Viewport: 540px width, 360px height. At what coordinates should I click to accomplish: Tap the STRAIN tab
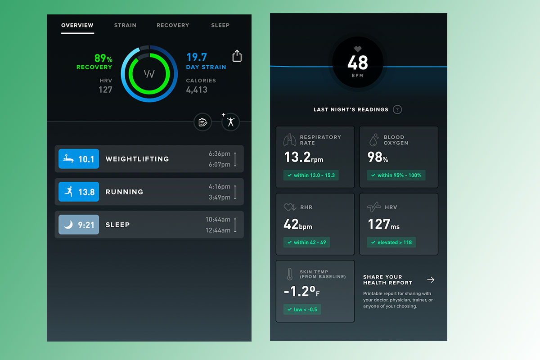pos(125,25)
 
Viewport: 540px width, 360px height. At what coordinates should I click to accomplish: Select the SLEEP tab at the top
pos(220,25)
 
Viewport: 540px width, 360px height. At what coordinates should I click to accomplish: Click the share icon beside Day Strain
pos(237,56)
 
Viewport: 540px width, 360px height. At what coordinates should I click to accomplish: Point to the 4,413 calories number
pos(197,90)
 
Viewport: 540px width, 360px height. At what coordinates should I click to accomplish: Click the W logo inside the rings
pos(149,74)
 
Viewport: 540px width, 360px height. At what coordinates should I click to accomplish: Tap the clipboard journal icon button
pos(202,122)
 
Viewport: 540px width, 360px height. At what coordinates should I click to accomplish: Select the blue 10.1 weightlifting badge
pos(79,159)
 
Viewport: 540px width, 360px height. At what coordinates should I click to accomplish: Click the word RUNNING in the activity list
pos(124,192)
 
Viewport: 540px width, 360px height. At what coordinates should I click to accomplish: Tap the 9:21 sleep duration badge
pos(79,225)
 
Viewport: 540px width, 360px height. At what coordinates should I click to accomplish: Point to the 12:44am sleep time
pos(218,230)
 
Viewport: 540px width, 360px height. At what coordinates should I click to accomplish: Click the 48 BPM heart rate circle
pos(358,63)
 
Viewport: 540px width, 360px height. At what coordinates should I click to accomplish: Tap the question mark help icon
pos(397,109)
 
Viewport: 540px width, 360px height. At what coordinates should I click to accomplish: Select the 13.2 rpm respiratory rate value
pos(303,157)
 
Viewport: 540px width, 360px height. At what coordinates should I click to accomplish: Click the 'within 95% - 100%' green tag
pos(396,175)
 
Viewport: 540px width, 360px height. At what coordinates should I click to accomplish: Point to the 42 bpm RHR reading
pos(297,224)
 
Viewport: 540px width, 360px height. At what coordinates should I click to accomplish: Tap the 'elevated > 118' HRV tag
pos(391,242)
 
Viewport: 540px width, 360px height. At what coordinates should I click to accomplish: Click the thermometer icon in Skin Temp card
pos(289,274)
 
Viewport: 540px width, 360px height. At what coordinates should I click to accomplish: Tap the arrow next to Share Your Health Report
pos(431,280)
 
